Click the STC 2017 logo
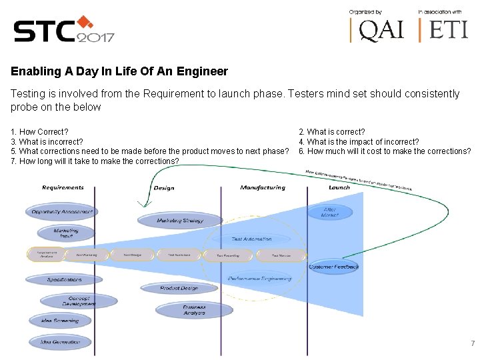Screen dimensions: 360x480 pyautogui.click(x=63, y=29)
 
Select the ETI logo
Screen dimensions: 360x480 pyautogui.click(x=444, y=29)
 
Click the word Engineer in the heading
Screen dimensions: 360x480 pyautogui.click(x=203, y=71)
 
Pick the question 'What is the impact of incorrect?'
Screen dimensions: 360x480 pyautogui.click(x=359, y=141)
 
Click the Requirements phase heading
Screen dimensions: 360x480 pyautogui.click(x=63, y=188)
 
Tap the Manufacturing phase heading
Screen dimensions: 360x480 pyautogui.click(x=263, y=188)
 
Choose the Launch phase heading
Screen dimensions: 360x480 pyautogui.click(x=339, y=188)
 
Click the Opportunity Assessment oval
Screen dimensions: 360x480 pyautogui.click(x=61, y=212)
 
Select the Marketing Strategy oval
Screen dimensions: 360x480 pyautogui.click(x=180, y=220)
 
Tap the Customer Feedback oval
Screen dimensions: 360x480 pyautogui.click(x=333, y=267)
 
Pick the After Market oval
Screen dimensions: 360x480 pyautogui.click(x=329, y=212)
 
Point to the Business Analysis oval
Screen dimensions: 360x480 pyautogui.click(x=195, y=310)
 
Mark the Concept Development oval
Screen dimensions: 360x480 pyautogui.click(x=79, y=301)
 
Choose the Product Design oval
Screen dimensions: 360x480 pyautogui.click(x=179, y=288)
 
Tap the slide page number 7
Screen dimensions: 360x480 pyautogui.click(x=473, y=343)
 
